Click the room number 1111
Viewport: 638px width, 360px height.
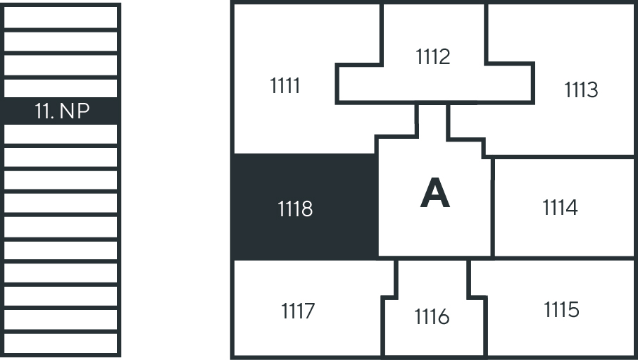point(284,85)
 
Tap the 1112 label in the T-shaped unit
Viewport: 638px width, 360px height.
point(433,56)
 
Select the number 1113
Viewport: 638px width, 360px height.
point(581,89)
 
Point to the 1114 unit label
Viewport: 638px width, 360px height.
point(560,207)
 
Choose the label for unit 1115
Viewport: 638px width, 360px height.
point(561,309)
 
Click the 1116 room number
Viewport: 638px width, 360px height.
point(432,316)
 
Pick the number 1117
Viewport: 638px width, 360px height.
point(298,311)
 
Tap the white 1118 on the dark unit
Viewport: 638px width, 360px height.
point(295,209)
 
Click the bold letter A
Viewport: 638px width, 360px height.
point(435,193)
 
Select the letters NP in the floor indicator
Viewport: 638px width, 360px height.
point(75,111)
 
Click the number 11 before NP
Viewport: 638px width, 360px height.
point(44,111)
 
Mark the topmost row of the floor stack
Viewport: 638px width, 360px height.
point(61,17)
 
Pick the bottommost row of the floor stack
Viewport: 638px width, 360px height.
point(61,344)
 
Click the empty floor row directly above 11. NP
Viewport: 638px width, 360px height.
point(61,88)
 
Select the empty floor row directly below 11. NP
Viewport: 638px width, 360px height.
point(61,134)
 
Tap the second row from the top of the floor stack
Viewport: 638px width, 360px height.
point(61,41)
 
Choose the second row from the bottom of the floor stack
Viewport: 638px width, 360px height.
point(61,320)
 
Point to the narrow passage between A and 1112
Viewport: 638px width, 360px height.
point(432,121)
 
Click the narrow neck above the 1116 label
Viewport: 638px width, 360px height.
point(432,278)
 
